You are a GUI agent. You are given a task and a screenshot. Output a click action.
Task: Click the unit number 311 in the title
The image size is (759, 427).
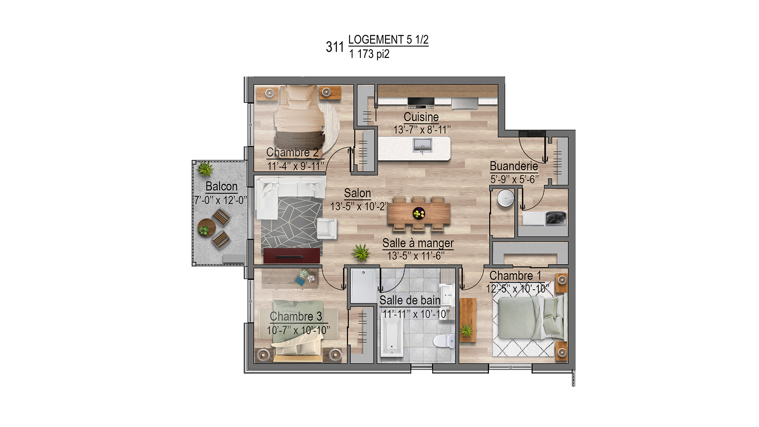[334, 47]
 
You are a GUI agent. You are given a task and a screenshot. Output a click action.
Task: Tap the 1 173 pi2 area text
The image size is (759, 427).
[369, 54]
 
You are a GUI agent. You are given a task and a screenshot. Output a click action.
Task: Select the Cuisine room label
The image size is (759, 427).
[421, 117]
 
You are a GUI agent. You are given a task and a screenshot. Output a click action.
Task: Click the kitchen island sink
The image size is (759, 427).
[422, 146]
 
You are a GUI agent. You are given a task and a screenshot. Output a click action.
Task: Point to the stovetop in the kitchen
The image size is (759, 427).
[421, 102]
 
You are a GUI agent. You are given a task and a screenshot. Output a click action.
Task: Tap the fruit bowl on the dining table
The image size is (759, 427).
[418, 213]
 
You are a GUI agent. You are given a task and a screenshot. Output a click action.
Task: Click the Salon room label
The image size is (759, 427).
[357, 193]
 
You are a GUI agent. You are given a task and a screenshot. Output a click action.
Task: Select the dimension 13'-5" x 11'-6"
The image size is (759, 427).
[416, 256]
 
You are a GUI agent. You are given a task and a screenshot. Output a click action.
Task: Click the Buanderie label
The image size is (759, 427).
[514, 166]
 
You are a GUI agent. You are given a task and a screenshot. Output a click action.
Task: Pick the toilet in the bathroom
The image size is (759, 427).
[444, 341]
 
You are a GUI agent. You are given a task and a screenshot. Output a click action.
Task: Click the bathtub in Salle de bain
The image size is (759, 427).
[392, 336]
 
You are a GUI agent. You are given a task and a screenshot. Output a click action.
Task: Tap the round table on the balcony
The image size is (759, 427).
[206, 227]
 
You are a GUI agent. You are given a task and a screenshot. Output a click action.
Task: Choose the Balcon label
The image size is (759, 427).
[221, 186]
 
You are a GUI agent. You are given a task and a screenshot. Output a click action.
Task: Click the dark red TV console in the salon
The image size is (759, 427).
[291, 256]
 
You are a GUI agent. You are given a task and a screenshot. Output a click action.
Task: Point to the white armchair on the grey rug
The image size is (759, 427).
[327, 228]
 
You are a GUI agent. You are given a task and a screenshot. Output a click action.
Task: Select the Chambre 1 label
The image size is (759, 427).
[515, 276]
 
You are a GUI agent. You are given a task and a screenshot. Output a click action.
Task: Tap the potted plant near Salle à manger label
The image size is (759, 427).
[361, 253]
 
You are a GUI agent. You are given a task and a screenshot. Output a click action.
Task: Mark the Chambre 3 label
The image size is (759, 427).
[296, 316]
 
